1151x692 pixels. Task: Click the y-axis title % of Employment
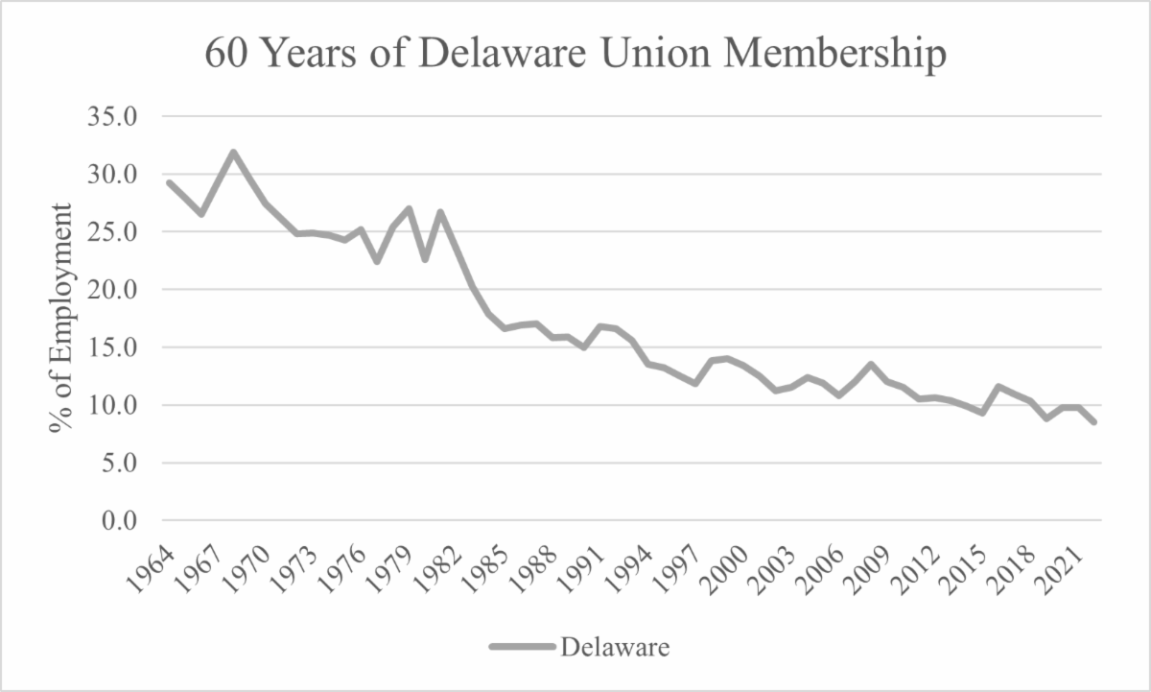pos(62,317)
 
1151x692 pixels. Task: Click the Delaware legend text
pos(615,647)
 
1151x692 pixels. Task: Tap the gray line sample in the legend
pos(522,647)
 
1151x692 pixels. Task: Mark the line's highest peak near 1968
pos(233,152)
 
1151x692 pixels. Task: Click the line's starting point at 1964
pos(169,182)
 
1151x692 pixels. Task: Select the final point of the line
pos(1093,421)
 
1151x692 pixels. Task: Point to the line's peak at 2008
pos(870,365)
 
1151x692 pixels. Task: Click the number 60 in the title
pos(226,56)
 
